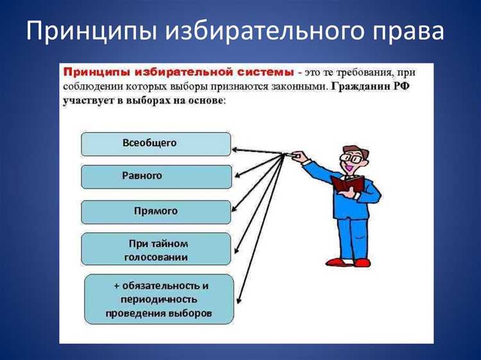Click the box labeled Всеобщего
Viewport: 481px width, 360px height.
coord(156,144)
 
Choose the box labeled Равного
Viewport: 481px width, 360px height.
coord(156,176)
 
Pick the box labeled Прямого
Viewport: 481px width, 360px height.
coord(156,212)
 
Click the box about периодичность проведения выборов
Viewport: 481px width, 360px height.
coord(159,299)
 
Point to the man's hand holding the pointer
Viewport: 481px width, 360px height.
coord(296,155)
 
